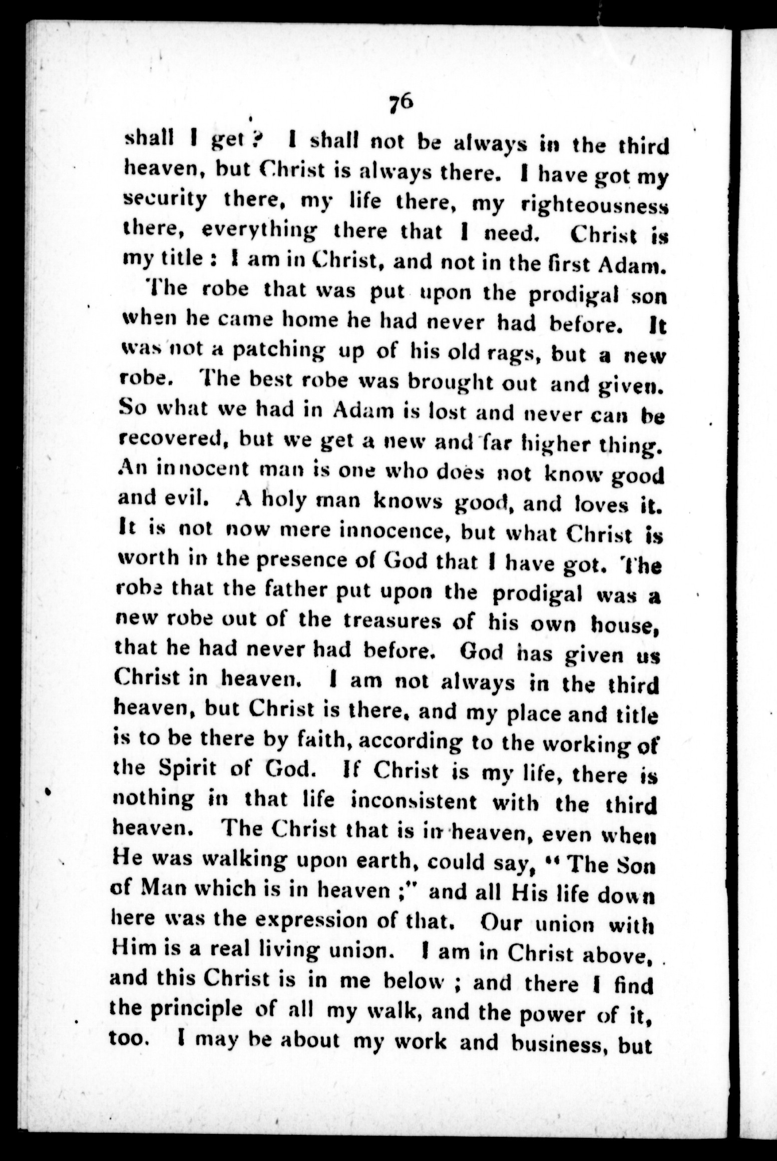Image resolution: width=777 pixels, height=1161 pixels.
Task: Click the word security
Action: pyautogui.click(x=165, y=201)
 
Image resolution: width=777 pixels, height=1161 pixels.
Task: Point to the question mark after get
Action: pyautogui.click(x=254, y=143)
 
